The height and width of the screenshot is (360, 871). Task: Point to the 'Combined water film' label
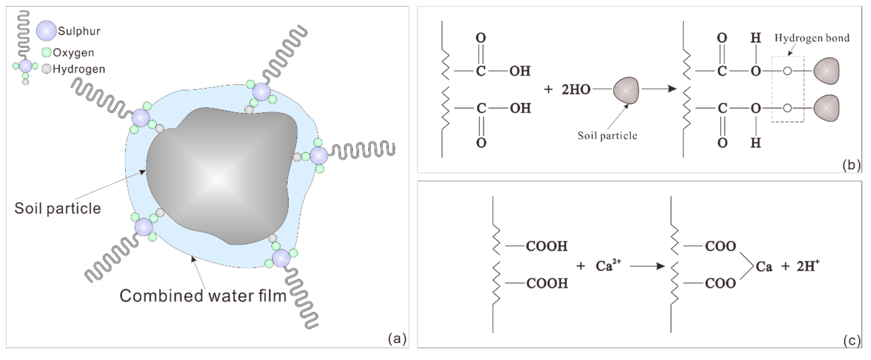[x=203, y=296]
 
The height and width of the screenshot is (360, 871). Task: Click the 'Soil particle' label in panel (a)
[x=57, y=208]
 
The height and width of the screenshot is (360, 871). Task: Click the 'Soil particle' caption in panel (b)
[x=607, y=136]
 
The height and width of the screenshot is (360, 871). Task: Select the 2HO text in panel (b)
[x=576, y=90]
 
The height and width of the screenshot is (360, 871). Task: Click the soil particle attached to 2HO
[x=626, y=90]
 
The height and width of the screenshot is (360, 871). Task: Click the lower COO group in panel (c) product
[x=720, y=283]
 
